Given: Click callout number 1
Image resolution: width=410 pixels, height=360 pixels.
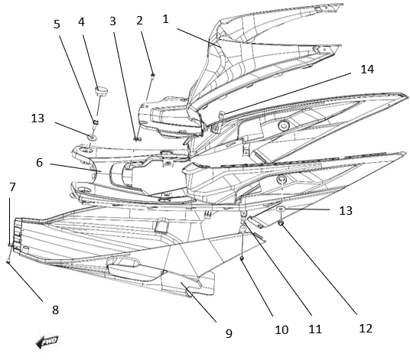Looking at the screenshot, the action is (x=165, y=19).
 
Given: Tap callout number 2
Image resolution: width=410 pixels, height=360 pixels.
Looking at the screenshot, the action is (x=139, y=21).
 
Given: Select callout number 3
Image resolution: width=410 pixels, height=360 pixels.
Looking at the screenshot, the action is (x=112, y=21).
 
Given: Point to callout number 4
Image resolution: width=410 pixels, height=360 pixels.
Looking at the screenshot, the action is (x=81, y=22).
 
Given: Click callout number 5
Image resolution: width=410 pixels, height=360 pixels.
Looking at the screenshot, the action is (x=57, y=24).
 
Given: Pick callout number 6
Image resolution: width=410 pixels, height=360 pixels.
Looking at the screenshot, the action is (x=39, y=163).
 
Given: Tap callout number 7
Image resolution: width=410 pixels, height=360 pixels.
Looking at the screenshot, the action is (x=12, y=187).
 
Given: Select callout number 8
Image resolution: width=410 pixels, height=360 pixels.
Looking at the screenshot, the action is (x=55, y=310).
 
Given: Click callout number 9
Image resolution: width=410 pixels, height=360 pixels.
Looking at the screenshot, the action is (x=229, y=333).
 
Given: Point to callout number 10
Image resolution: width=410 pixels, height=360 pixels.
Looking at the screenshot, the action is (x=281, y=330).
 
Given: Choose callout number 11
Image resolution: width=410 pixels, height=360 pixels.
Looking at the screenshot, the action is (x=315, y=329).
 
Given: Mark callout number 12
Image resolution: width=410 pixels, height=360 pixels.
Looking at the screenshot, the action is (x=366, y=328).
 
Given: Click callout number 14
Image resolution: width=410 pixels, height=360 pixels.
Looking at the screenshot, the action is (x=367, y=70).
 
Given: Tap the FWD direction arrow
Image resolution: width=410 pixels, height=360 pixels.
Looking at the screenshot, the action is (x=47, y=341).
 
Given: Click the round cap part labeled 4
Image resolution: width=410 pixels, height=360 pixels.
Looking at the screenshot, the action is (x=101, y=91).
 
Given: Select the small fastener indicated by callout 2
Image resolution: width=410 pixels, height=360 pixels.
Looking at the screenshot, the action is (x=153, y=75).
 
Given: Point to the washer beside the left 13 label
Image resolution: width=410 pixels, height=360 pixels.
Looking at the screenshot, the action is (x=92, y=137).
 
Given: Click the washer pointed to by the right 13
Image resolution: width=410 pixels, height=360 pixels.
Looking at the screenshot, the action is (x=281, y=209).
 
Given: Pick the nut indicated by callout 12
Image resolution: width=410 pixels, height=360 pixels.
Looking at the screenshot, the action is (x=281, y=223).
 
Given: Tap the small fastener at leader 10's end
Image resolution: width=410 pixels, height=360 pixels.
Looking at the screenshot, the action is (x=242, y=258).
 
